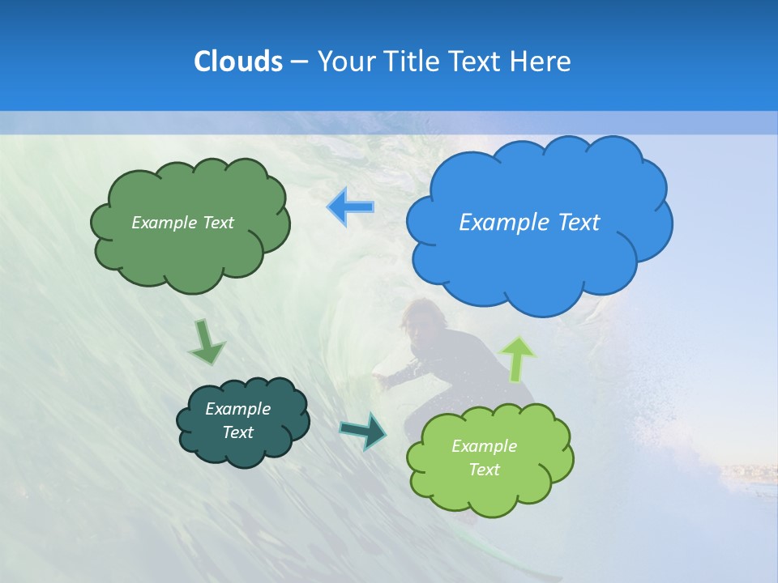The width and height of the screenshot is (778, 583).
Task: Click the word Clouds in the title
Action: [x=237, y=61]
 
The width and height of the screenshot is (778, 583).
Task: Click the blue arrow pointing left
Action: [x=351, y=207]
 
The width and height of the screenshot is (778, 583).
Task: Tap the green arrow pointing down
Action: [x=207, y=343]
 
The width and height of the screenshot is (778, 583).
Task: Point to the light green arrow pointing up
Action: [x=519, y=360]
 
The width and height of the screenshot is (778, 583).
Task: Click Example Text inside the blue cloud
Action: [x=529, y=222]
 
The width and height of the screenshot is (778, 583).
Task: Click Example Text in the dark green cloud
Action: [x=182, y=223]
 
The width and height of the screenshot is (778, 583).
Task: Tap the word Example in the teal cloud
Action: [x=237, y=409]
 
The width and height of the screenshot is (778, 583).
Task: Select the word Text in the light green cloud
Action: [x=484, y=470]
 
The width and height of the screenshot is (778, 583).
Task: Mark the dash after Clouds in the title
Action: [x=298, y=62]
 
